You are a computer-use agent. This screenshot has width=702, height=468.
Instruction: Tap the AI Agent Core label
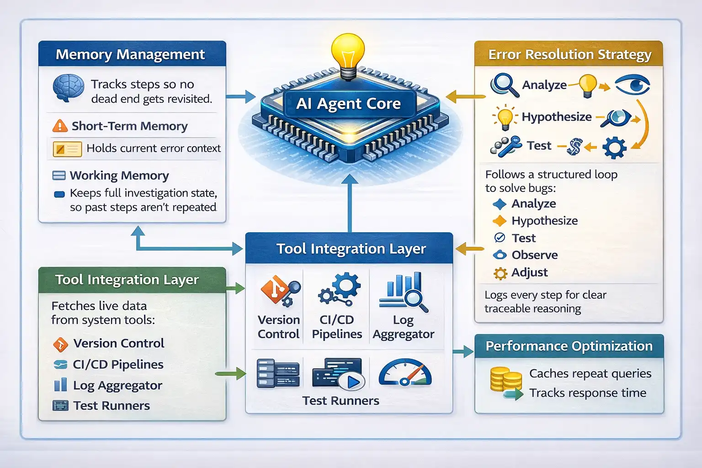pyautogui.click(x=348, y=104)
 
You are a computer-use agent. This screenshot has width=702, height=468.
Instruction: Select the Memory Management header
pyautogui.click(x=130, y=54)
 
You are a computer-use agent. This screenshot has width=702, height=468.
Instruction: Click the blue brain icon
pyautogui.click(x=69, y=87)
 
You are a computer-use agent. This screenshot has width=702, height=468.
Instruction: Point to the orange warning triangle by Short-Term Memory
pyautogui.click(x=60, y=126)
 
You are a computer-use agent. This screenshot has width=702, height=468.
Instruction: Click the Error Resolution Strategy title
pyautogui.click(x=569, y=55)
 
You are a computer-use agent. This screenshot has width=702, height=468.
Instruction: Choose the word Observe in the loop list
pyautogui.click(x=535, y=255)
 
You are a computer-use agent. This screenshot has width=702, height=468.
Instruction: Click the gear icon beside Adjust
pyautogui.click(x=500, y=273)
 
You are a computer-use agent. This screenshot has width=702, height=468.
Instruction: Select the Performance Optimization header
pyautogui.click(x=569, y=346)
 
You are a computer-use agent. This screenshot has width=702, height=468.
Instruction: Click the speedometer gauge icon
pyautogui.click(x=405, y=373)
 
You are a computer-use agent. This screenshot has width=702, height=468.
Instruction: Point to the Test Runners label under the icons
pyautogui.click(x=340, y=401)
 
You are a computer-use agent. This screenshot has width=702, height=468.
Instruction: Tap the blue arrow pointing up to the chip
pyautogui.click(x=350, y=201)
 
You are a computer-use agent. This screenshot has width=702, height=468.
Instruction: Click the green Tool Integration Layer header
pyautogui.click(x=127, y=280)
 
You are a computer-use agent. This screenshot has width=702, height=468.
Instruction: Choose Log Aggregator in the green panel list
pyautogui.click(x=117, y=385)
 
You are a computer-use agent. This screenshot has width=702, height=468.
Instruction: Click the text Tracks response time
pyautogui.click(x=588, y=393)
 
